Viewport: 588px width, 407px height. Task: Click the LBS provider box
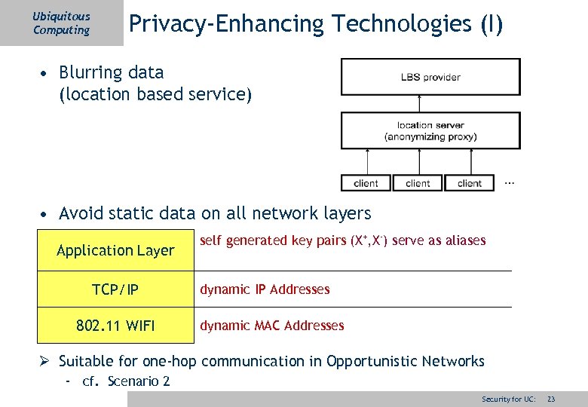click(430, 77)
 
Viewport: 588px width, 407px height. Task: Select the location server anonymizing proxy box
click(430, 130)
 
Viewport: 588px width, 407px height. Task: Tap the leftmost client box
click(366, 182)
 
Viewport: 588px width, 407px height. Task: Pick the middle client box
click(418, 182)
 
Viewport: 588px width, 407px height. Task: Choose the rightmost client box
click(470, 182)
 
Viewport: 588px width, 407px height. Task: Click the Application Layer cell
click(115, 250)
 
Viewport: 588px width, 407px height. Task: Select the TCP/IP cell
click(115, 289)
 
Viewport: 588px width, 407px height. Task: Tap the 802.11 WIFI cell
click(115, 326)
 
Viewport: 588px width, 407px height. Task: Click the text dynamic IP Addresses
click(265, 289)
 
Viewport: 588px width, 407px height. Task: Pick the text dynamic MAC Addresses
click(271, 326)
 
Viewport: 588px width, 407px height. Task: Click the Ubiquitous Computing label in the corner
click(61, 23)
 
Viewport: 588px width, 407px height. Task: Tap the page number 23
click(551, 398)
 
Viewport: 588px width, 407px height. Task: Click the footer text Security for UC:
click(509, 398)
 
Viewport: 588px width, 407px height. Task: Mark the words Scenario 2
click(139, 381)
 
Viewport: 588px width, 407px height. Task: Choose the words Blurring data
click(111, 73)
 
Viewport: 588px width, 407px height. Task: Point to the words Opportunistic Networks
click(406, 362)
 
